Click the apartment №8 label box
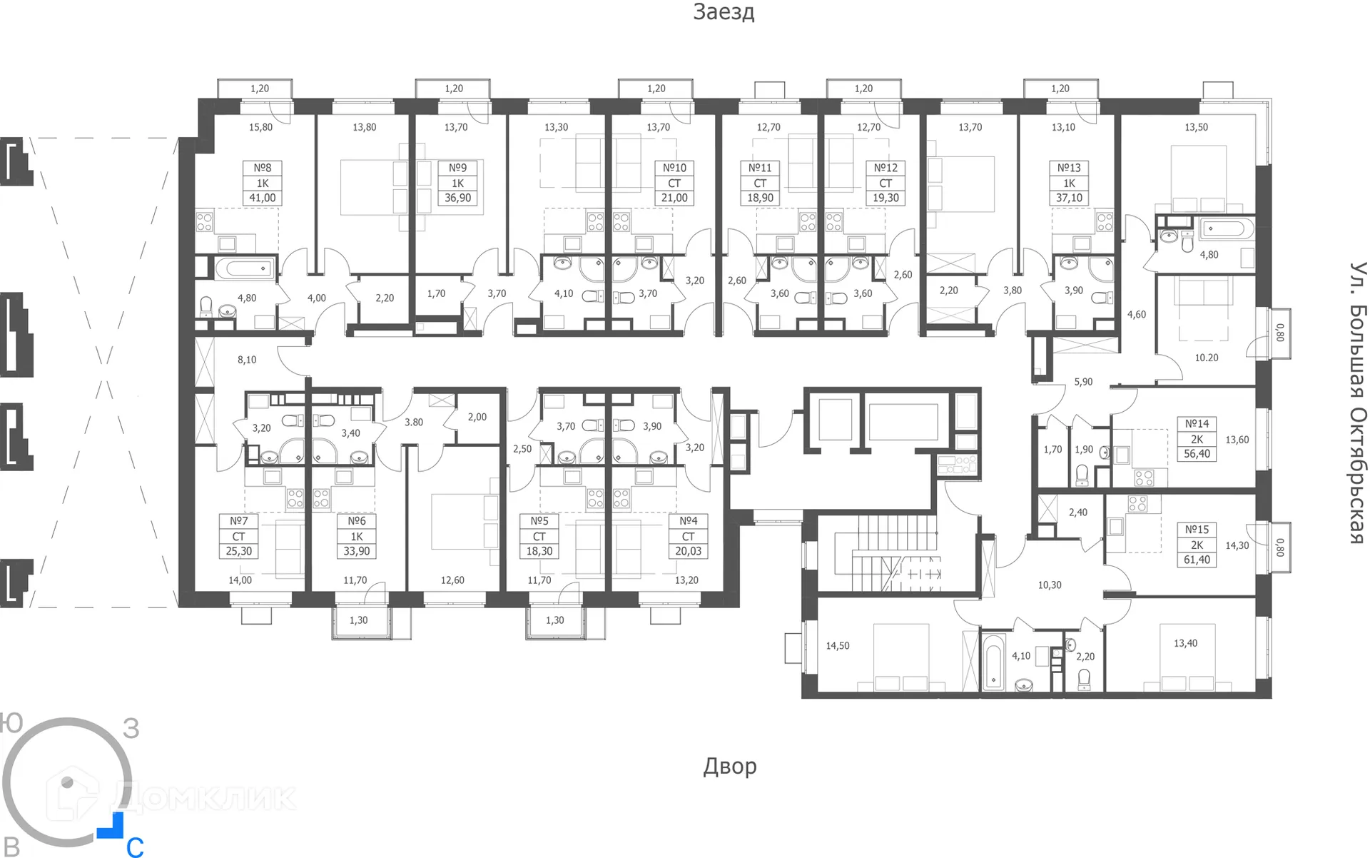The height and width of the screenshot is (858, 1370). coord(263,183)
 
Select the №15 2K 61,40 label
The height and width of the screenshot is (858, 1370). coord(1197,545)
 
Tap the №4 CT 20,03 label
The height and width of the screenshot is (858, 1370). coord(688,536)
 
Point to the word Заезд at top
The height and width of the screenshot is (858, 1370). coord(723,12)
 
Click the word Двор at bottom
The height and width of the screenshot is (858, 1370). coord(729,766)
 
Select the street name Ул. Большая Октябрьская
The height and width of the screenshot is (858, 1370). coord(1356,403)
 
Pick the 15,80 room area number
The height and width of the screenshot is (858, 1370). coord(260,127)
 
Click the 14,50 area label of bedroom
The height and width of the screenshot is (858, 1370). coord(838,646)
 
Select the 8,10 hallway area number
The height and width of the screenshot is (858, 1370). coord(247,360)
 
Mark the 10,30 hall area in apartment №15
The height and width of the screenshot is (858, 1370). coord(1049,585)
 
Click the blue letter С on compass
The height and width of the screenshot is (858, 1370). coord(135,847)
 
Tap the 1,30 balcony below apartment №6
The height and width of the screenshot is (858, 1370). coord(358,620)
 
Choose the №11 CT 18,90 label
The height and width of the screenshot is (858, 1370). coord(760,183)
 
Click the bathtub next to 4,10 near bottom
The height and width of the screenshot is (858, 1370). coord(993,659)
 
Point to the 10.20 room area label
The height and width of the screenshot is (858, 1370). coord(1206,358)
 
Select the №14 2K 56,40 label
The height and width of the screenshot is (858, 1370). coord(1197,438)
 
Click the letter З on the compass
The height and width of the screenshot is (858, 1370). coord(131,728)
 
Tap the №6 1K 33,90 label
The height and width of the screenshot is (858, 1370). coord(356,536)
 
